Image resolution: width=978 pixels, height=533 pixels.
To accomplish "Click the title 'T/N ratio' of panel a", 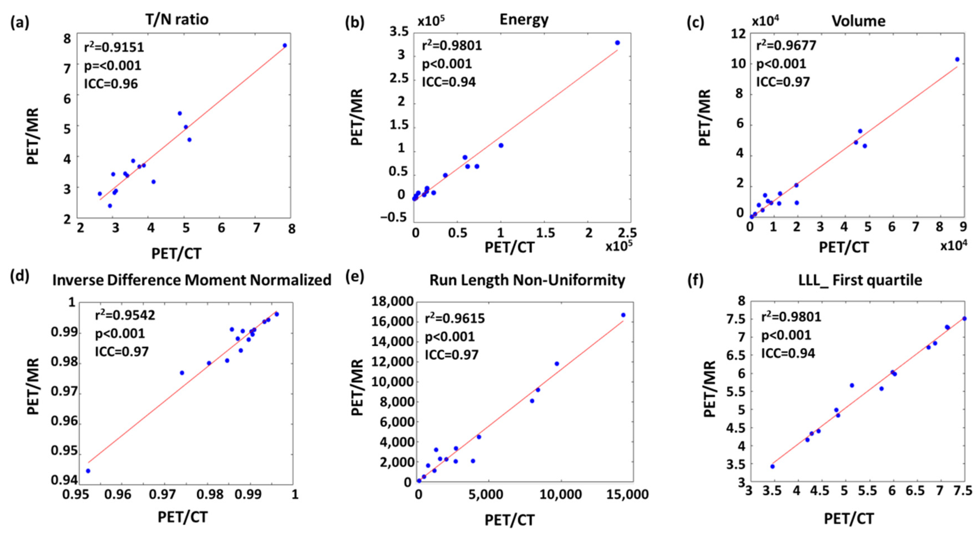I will (x=177, y=19).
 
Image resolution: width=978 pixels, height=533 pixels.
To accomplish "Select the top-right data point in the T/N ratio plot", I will (x=285, y=45).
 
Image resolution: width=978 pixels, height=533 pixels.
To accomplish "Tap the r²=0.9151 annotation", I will (x=114, y=47).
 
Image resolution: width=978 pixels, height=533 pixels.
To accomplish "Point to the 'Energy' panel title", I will (x=524, y=19).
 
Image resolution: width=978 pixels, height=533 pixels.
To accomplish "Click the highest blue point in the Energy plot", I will (x=617, y=43).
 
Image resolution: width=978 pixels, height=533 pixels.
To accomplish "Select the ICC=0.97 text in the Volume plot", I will (x=783, y=82).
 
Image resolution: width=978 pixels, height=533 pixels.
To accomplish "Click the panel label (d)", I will (x=20, y=277).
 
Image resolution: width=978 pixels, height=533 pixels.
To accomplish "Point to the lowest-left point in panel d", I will (x=88, y=471).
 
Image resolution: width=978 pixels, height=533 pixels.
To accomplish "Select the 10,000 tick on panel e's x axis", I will (x=558, y=495).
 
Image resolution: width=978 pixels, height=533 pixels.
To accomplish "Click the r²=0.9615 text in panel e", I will (x=455, y=319).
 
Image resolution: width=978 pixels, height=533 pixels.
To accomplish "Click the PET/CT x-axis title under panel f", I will (x=849, y=519).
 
